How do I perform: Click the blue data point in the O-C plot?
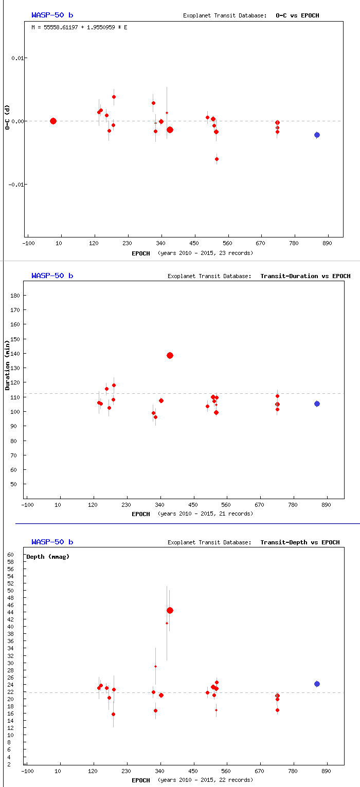[317, 135]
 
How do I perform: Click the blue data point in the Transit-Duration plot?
[317, 404]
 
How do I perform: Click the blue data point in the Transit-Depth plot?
[317, 684]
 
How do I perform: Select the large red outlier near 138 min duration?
[170, 355]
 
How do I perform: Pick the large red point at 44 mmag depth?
[170, 610]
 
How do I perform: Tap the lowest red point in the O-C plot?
[217, 159]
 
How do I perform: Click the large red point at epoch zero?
[53, 121]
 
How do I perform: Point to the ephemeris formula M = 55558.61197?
[79, 27]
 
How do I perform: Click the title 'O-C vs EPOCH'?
[297, 15]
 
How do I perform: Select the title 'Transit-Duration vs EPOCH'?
[305, 276]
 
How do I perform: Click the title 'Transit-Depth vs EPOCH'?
[300, 542]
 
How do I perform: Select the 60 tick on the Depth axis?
[11, 555]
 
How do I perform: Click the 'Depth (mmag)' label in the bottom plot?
[48, 557]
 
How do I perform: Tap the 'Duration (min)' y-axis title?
[7, 368]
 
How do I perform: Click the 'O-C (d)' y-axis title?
[7, 117]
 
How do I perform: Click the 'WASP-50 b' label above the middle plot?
[52, 276]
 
